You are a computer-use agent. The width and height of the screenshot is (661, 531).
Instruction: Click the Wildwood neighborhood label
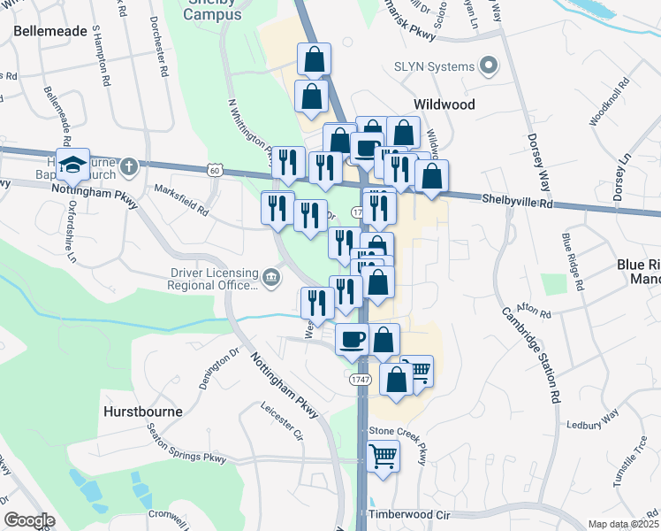[444, 104]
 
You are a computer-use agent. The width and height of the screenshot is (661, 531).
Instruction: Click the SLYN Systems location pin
[487, 66]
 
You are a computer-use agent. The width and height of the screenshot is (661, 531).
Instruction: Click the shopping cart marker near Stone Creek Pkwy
[384, 457]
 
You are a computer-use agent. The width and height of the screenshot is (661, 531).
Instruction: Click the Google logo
[28, 520]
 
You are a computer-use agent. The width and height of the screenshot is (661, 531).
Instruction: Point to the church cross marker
[128, 165]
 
